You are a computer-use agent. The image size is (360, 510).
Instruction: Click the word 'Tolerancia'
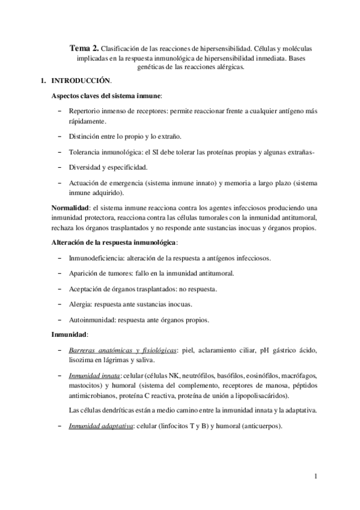(87, 152)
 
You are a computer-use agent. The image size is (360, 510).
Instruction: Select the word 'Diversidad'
(87, 168)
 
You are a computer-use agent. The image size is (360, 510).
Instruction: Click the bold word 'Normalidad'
(70, 208)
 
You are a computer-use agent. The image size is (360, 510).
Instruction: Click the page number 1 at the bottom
(315, 477)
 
